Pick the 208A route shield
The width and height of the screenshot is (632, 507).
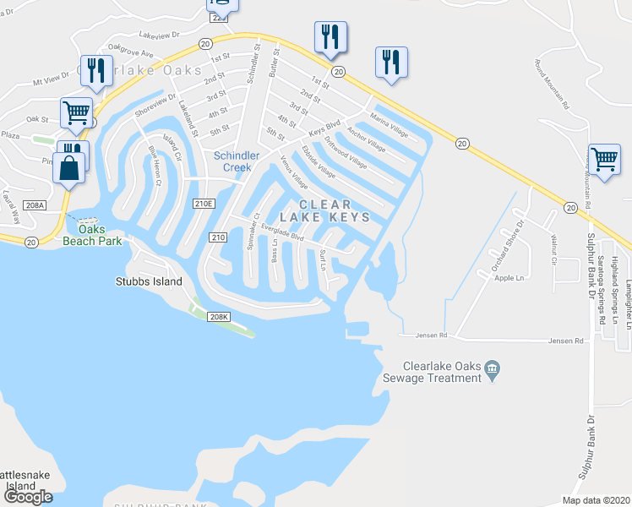(x=35, y=205)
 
